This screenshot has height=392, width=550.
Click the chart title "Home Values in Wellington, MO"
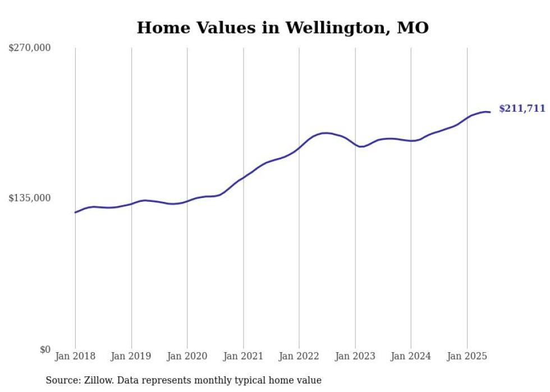[x=282, y=27]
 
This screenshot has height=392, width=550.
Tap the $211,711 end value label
[x=522, y=109]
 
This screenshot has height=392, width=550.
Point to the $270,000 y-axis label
[x=30, y=48]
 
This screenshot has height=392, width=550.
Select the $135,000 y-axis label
[x=30, y=198]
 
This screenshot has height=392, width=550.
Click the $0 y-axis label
[x=45, y=349]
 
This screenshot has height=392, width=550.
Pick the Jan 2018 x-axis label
[x=75, y=356]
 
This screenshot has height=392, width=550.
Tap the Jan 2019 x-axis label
[x=131, y=356]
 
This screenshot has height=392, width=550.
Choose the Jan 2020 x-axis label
[x=187, y=356]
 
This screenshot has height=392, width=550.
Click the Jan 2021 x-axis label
[x=244, y=356]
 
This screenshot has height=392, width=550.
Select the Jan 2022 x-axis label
[x=299, y=356]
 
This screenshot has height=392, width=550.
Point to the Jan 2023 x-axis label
[x=355, y=356]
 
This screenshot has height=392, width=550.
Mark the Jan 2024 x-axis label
[x=411, y=356]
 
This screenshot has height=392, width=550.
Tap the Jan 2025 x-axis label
[x=467, y=356]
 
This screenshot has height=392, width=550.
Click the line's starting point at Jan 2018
[x=75, y=212]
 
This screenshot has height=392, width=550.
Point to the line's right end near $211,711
[x=490, y=112]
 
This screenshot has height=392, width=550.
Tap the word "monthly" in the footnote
[x=232, y=381]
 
